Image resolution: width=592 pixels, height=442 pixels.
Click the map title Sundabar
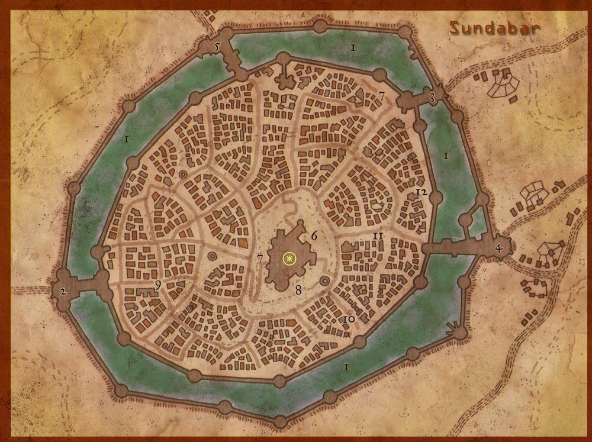[494, 27]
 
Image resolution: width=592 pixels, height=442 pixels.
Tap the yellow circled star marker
[289, 258]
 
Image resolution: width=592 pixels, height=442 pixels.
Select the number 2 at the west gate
[62, 291]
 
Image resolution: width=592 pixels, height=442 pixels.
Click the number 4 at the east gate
[498, 249]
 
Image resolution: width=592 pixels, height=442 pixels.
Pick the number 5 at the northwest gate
[217, 46]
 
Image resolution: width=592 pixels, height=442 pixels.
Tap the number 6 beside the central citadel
[314, 235]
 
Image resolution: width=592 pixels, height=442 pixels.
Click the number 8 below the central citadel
[298, 290]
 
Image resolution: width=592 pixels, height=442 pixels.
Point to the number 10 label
[349, 320]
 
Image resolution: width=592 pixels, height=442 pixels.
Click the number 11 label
[378, 236]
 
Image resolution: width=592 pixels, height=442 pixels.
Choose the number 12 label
[422, 193]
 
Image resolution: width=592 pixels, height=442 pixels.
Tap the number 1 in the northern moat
[352, 47]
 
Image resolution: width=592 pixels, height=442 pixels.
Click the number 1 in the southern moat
[346, 367]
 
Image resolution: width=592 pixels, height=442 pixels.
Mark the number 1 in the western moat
[127, 140]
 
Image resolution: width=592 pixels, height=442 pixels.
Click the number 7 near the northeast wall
[382, 95]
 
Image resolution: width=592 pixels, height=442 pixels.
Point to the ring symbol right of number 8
[325, 281]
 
